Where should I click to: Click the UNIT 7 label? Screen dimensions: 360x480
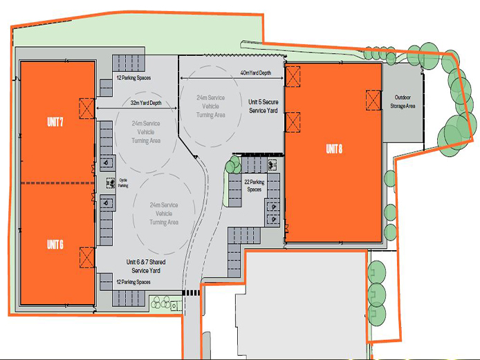pyautogui.click(x=55, y=122)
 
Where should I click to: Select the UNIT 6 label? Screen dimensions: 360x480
pyautogui.click(x=55, y=244)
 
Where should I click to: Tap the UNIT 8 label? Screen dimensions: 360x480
pyautogui.click(x=334, y=149)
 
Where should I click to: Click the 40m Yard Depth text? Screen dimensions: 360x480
pyautogui.click(x=255, y=73)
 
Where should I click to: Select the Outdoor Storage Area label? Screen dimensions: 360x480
pyautogui.click(x=403, y=102)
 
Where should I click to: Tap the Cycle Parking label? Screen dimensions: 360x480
pyautogui.click(x=124, y=183)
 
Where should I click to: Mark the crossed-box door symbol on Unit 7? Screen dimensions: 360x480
pyautogui.click(x=87, y=108)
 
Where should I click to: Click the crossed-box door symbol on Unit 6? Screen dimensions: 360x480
pyautogui.click(x=87, y=256)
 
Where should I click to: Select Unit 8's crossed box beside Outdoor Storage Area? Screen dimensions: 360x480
pyautogui.click(x=373, y=101)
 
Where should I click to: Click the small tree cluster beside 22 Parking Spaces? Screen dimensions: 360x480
pyautogui.click(x=233, y=164)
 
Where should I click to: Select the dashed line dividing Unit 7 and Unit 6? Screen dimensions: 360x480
pyautogui.click(x=57, y=182)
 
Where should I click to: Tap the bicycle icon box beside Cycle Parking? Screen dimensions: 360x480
pyautogui.click(x=110, y=183)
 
